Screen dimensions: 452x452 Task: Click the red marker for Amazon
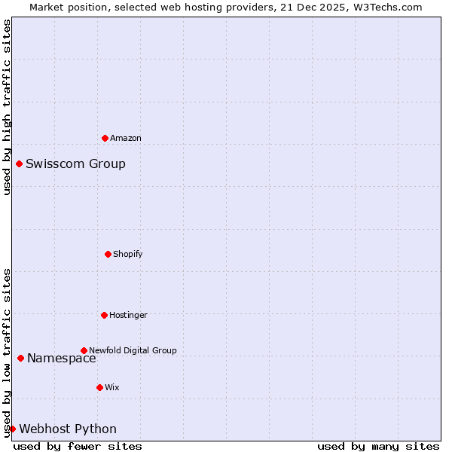point(105,138)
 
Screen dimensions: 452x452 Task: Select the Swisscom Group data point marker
point(19,163)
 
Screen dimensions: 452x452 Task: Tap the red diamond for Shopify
point(108,254)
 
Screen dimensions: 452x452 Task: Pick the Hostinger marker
point(104,315)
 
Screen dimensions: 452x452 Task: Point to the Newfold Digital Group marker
point(84,350)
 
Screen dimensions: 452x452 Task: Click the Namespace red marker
point(20,358)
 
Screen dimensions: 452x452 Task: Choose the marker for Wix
point(99,387)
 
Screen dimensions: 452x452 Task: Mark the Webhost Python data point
point(12,429)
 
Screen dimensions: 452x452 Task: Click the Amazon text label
point(126,139)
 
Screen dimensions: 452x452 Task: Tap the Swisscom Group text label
point(75,164)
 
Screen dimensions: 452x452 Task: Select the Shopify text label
point(128,255)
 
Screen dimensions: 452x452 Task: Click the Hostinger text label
point(129,316)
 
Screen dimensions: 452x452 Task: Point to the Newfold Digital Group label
point(133,350)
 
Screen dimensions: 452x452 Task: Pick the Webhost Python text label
point(68,429)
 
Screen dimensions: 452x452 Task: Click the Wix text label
point(112,388)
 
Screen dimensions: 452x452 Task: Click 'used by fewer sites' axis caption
point(78,447)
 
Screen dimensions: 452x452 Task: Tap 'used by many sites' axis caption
point(378,447)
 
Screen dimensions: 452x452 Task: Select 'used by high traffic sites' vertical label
point(7,107)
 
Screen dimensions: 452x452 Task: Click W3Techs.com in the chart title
point(385,7)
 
